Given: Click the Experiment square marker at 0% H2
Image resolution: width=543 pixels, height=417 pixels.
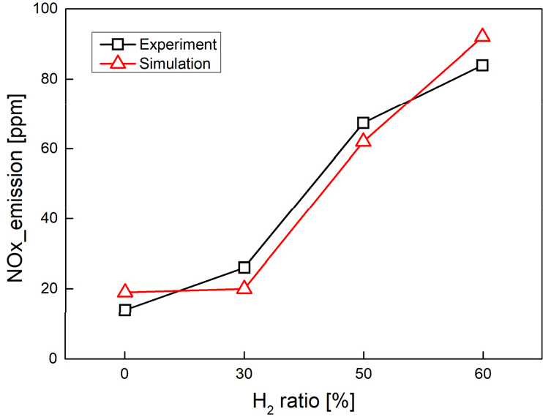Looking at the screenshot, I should point(125,310).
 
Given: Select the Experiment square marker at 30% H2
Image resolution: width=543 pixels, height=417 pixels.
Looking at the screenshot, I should point(244,268).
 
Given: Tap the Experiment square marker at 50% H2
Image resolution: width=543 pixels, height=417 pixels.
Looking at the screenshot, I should point(364,123).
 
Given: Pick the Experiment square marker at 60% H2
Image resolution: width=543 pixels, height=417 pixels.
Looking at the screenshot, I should point(482,65).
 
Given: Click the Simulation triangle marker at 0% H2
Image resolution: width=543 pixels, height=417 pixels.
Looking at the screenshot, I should point(125,292).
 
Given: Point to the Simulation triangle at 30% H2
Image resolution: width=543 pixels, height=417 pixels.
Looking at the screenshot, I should point(244,288).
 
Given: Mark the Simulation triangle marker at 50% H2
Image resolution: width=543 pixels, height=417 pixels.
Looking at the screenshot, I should point(364,140).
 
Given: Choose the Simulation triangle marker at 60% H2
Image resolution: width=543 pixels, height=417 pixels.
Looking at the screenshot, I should point(482,36).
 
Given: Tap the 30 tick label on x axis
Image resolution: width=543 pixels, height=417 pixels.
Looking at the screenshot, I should point(244,374).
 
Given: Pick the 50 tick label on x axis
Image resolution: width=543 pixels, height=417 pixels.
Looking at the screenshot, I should point(364,374).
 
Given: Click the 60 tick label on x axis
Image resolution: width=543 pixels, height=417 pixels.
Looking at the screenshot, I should point(482,374).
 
